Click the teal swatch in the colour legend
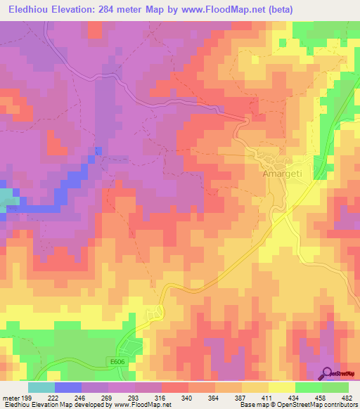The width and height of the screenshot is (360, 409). pos(41,388)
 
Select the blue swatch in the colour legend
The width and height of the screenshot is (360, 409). pos(68,388)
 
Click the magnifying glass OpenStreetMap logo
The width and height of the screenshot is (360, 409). pos(328,372)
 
